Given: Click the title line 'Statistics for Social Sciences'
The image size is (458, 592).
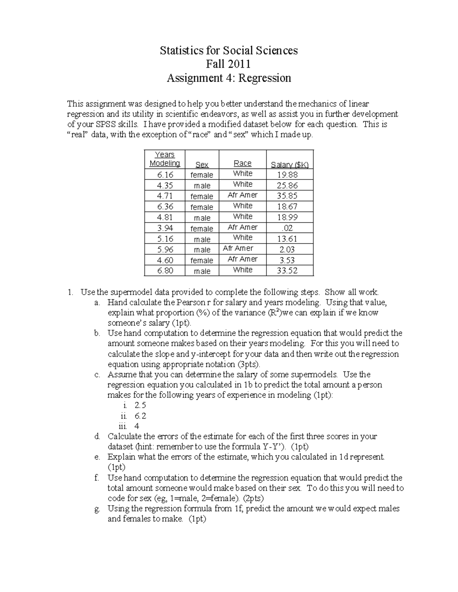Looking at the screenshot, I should click(229, 51).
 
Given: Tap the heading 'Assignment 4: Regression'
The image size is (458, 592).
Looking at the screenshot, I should click(229, 78).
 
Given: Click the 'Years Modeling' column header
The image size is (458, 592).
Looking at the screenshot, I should click(164, 159).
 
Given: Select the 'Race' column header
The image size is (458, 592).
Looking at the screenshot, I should click(242, 164).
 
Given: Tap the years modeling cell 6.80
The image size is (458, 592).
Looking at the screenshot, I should click(164, 271).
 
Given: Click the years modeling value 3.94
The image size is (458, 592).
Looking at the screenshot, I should click(164, 228).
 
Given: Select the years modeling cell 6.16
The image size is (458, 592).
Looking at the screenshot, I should click(164, 175).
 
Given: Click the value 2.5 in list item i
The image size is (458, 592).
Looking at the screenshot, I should click(140, 405).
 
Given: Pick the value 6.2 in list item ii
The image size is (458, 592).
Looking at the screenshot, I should click(140, 416).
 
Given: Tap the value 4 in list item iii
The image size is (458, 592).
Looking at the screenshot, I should click(137, 426).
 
